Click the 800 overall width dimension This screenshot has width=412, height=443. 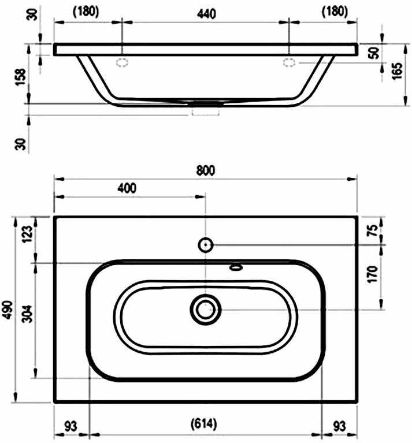pyautogui.click(x=206, y=170)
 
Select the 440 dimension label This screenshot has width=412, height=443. pyautogui.click(x=206, y=14)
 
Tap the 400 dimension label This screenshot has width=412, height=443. pyautogui.click(x=127, y=188)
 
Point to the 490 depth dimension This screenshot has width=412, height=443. pyautogui.click(x=8, y=310)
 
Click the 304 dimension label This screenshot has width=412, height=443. pyautogui.click(x=28, y=314)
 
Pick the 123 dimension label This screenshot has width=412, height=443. pyautogui.click(x=28, y=234)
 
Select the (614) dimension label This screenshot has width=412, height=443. pyautogui.click(x=204, y=424)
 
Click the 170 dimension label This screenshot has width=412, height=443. pyautogui.click(x=373, y=274)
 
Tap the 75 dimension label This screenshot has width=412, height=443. pyautogui.click(x=373, y=230)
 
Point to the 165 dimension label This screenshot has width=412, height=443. pyautogui.click(x=397, y=71)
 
